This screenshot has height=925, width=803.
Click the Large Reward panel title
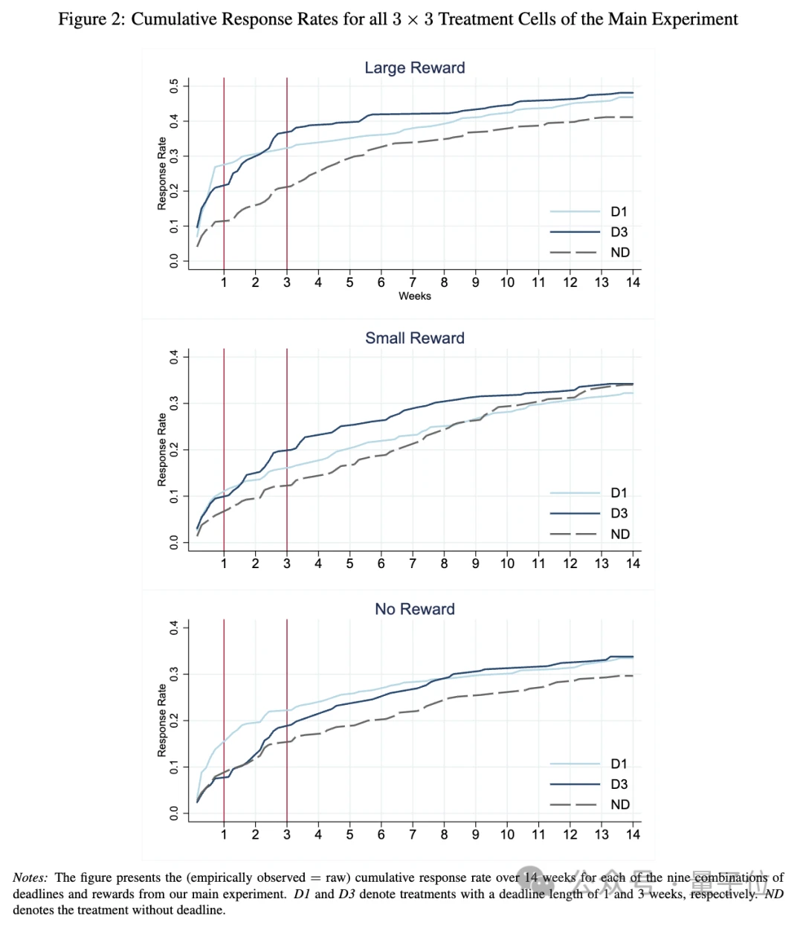coord(414,68)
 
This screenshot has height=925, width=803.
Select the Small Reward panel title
coord(414,338)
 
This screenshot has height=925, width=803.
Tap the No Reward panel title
coord(414,609)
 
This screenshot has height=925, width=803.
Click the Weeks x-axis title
coord(414,296)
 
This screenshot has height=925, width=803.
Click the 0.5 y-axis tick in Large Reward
coord(174,86)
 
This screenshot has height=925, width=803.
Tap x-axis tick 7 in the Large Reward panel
coord(413,283)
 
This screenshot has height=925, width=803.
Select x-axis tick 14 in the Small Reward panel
coord(633,564)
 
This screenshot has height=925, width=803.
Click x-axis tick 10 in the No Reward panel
coord(507,834)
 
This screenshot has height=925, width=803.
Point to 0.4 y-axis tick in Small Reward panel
coord(174,357)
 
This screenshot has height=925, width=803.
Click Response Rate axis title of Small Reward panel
coord(162,450)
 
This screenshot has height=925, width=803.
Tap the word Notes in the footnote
coord(30,878)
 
